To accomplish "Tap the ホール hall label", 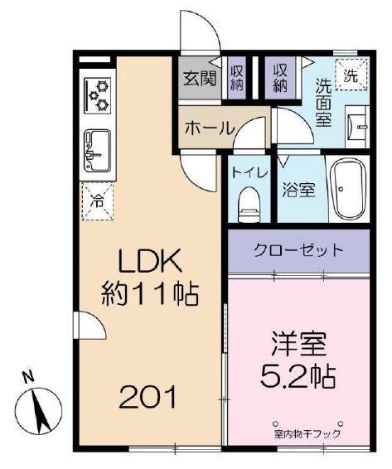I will (208, 128).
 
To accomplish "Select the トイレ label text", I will (249, 173).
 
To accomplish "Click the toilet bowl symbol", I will (248, 202).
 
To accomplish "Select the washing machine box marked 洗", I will (351, 72).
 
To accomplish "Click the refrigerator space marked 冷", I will (98, 199).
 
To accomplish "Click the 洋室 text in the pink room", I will (296, 342).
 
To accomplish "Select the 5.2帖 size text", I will (296, 377).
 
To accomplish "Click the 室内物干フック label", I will (307, 433).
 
